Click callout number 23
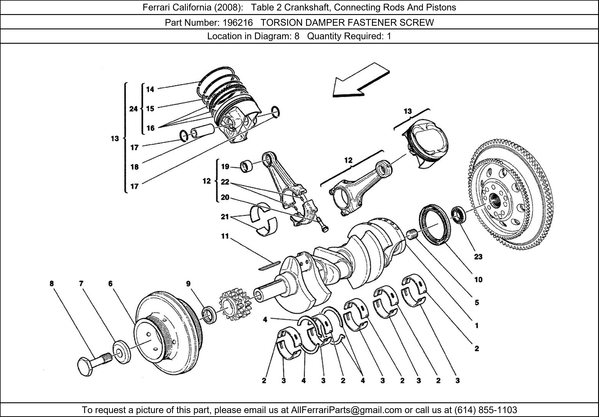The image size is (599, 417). point(478,257)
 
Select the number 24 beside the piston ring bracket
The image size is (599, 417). point(133,109)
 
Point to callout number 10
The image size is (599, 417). point(478,280)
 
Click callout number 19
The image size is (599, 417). point(225,167)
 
